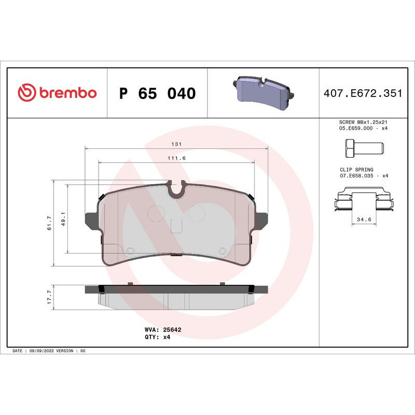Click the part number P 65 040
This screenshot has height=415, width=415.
157,94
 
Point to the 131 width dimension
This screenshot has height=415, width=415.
176,145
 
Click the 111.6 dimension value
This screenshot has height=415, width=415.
176,158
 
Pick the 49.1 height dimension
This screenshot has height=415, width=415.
63,218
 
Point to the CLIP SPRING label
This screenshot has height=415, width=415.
356,169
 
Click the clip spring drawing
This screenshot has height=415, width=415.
363,201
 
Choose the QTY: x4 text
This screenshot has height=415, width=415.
158,337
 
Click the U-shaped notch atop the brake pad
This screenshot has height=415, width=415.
177,191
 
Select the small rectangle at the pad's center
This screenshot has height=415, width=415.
177,226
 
